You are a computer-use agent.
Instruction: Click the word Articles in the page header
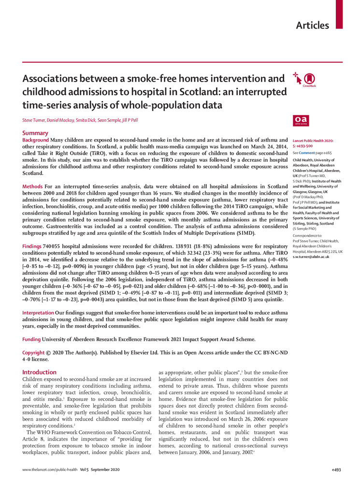point(312,25)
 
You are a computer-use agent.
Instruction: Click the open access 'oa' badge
point(301,120)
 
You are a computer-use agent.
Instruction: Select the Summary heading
point(35,133)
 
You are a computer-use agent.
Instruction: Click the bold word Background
point(36,140)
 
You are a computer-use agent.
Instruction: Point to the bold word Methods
point(32,186)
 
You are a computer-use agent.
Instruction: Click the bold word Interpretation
point(38,313)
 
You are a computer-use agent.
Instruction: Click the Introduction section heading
point(40,372)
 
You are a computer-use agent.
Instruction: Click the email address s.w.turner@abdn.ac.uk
point(313,257)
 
